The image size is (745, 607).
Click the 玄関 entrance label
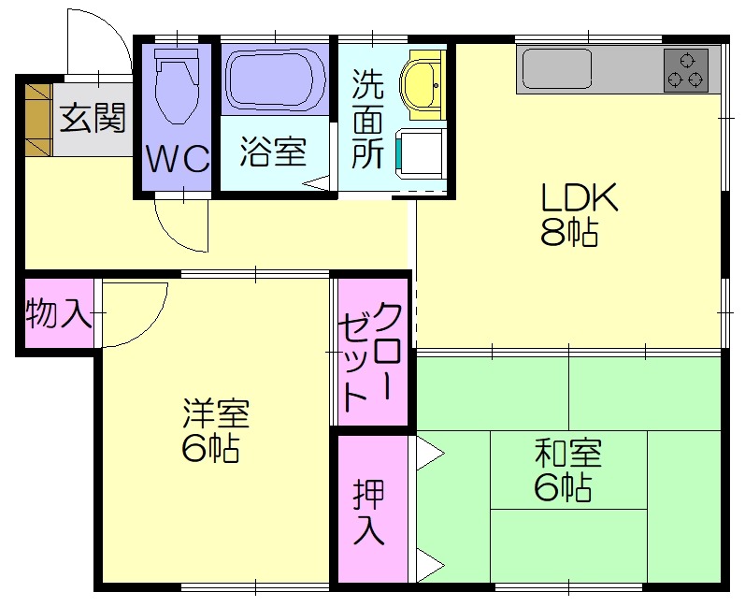[93, 118]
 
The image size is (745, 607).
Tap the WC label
[178, 158]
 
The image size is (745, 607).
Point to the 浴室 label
[273, 152]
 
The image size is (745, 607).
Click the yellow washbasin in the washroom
[421, 84]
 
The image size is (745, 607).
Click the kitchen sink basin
[557, 68]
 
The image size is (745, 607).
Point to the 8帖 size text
[569, 233]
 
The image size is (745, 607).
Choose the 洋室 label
[216, 412]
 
